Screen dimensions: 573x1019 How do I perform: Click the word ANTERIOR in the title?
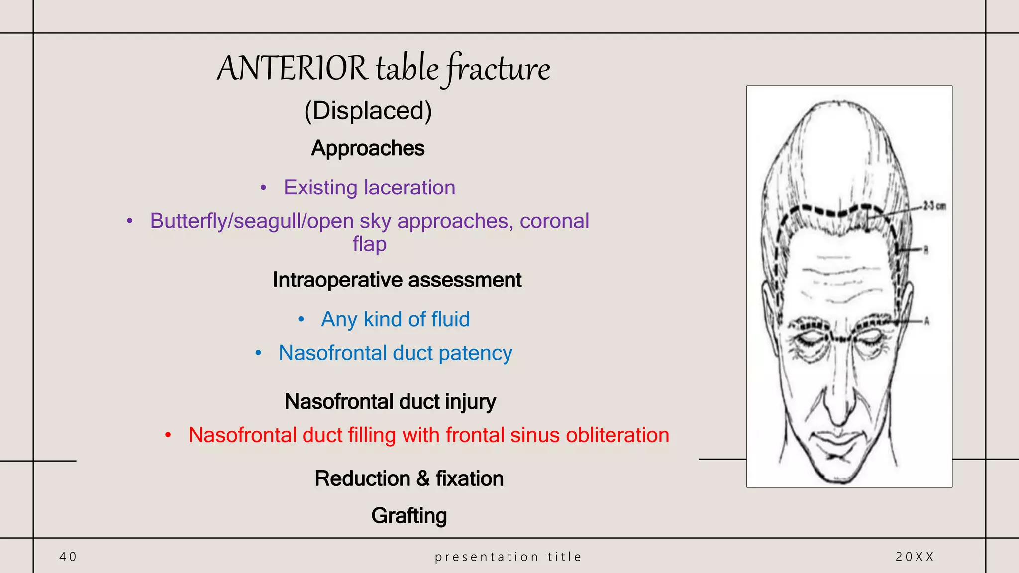point(292,68)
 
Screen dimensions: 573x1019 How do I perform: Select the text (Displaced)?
point(368,110)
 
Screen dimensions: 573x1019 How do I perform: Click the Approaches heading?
point(368,148)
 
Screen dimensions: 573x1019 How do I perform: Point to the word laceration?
point(409,188)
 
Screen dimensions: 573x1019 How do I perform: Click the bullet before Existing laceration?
point(264,188)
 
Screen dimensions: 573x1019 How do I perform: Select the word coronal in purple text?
point(554,221)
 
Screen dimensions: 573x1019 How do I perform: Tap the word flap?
point(369,244)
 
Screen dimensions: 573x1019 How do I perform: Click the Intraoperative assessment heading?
point(397,280)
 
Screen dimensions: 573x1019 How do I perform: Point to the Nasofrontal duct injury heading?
point(390,402)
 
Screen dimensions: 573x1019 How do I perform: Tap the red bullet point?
point(168,436)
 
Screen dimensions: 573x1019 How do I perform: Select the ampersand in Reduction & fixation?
point(423,479)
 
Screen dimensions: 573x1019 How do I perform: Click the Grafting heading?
point(409,516)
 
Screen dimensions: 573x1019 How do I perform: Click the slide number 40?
point(68,557)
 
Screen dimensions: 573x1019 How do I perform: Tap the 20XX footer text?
point(915,557)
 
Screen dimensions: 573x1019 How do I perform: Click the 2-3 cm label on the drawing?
point(934,206)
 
